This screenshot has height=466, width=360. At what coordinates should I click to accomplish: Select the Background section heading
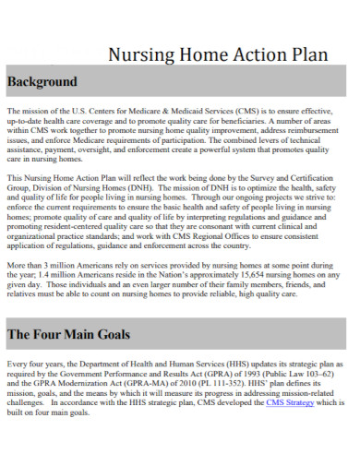point(42,81)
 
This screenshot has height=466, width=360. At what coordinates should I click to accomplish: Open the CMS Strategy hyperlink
point(290,403)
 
